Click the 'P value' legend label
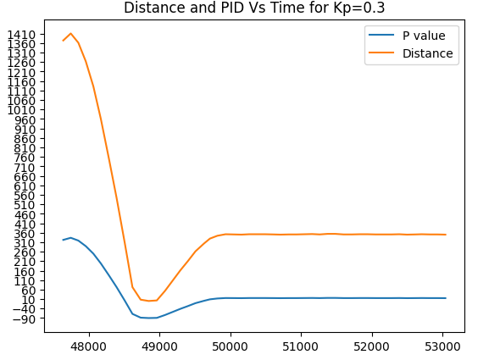click(419, 36)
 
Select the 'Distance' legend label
click(427, 53)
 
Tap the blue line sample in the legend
click(381, 36)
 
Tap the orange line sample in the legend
click(381, 53)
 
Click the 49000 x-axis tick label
click(159, 346)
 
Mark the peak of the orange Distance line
click(70, 34)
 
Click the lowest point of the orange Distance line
click(149, 301)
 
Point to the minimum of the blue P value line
click(149, 318)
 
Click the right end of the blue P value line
click(446, 298)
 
